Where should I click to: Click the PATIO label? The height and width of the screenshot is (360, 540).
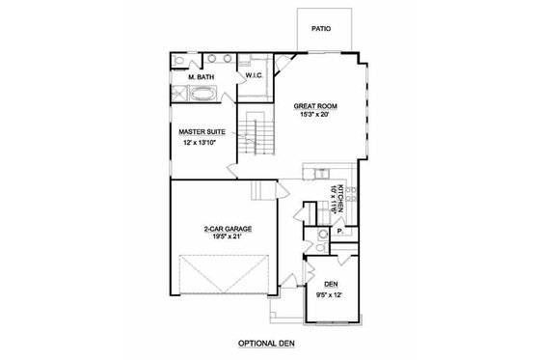322,29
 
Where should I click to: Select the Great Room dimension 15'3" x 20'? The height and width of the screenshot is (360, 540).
315,115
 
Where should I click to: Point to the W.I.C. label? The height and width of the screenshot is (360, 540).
256,75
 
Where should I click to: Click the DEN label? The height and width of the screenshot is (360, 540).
330,284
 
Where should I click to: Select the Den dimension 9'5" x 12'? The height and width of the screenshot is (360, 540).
330,294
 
